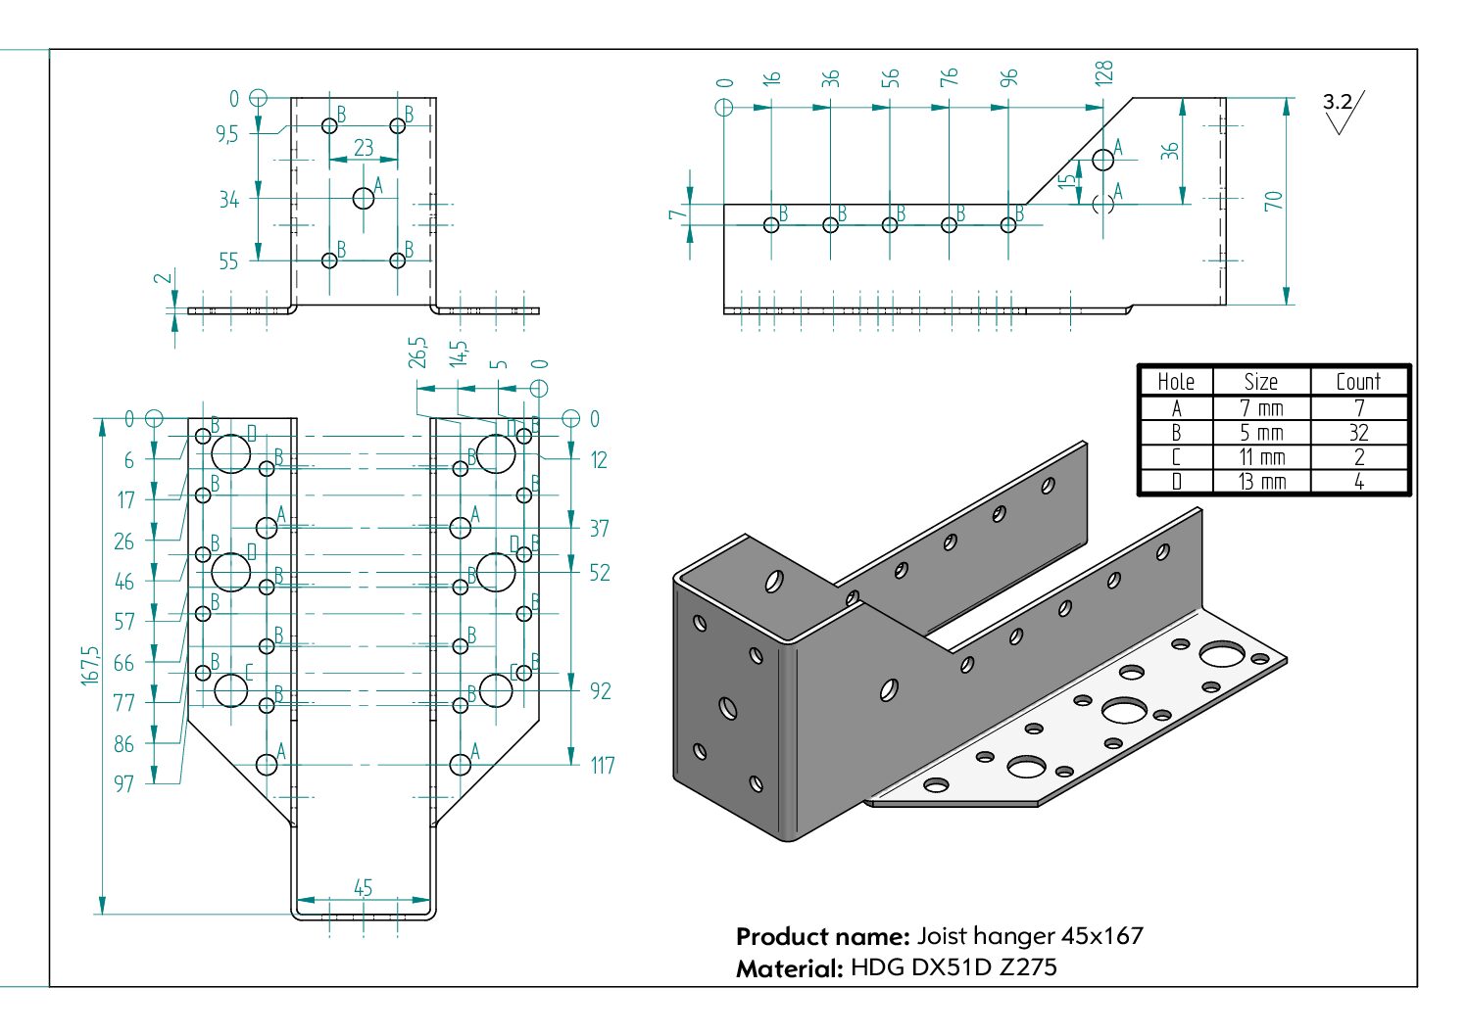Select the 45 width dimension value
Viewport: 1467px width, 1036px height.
pyautogui.click(x=363, y=887)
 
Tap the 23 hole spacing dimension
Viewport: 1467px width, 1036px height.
pyautogui.click(x=364, y=147)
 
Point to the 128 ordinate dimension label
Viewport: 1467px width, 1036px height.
pyautogui.click(x=1103, y=73)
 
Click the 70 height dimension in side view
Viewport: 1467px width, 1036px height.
pyautogui.click(x=1273, y=201)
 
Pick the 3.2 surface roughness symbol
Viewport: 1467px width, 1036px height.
pyautogui.click(x=1341, y=109)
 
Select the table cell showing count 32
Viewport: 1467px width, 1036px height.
pyautogui.click(x=1358, y=433)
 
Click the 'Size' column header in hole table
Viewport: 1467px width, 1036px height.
pyautogui.click(x=1260, y=382)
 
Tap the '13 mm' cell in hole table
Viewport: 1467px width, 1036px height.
pyautogui.click(x=1261, y=482)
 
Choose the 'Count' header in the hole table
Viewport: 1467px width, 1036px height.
pyautogui.click(x=1358, y=382)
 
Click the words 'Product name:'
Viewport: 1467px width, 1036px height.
pyautogui.click(x=822, y=936)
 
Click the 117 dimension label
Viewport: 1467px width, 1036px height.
pyautogui.click(x=602, y=765)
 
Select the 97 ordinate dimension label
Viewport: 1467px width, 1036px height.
pyautogui.click(x=123, y=783)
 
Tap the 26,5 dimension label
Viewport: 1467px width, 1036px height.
pyautogui.click(x=418, y=353)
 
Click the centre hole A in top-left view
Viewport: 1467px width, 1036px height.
pyautogui.click(x=364, y=198)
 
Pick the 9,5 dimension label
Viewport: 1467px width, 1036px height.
pyautogui.click(x=227, y=134)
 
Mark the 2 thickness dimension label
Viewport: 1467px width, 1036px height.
pyautogui.click(x=166, y=278)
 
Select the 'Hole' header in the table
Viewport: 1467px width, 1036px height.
pyautogui.click(x=1176, y=382)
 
